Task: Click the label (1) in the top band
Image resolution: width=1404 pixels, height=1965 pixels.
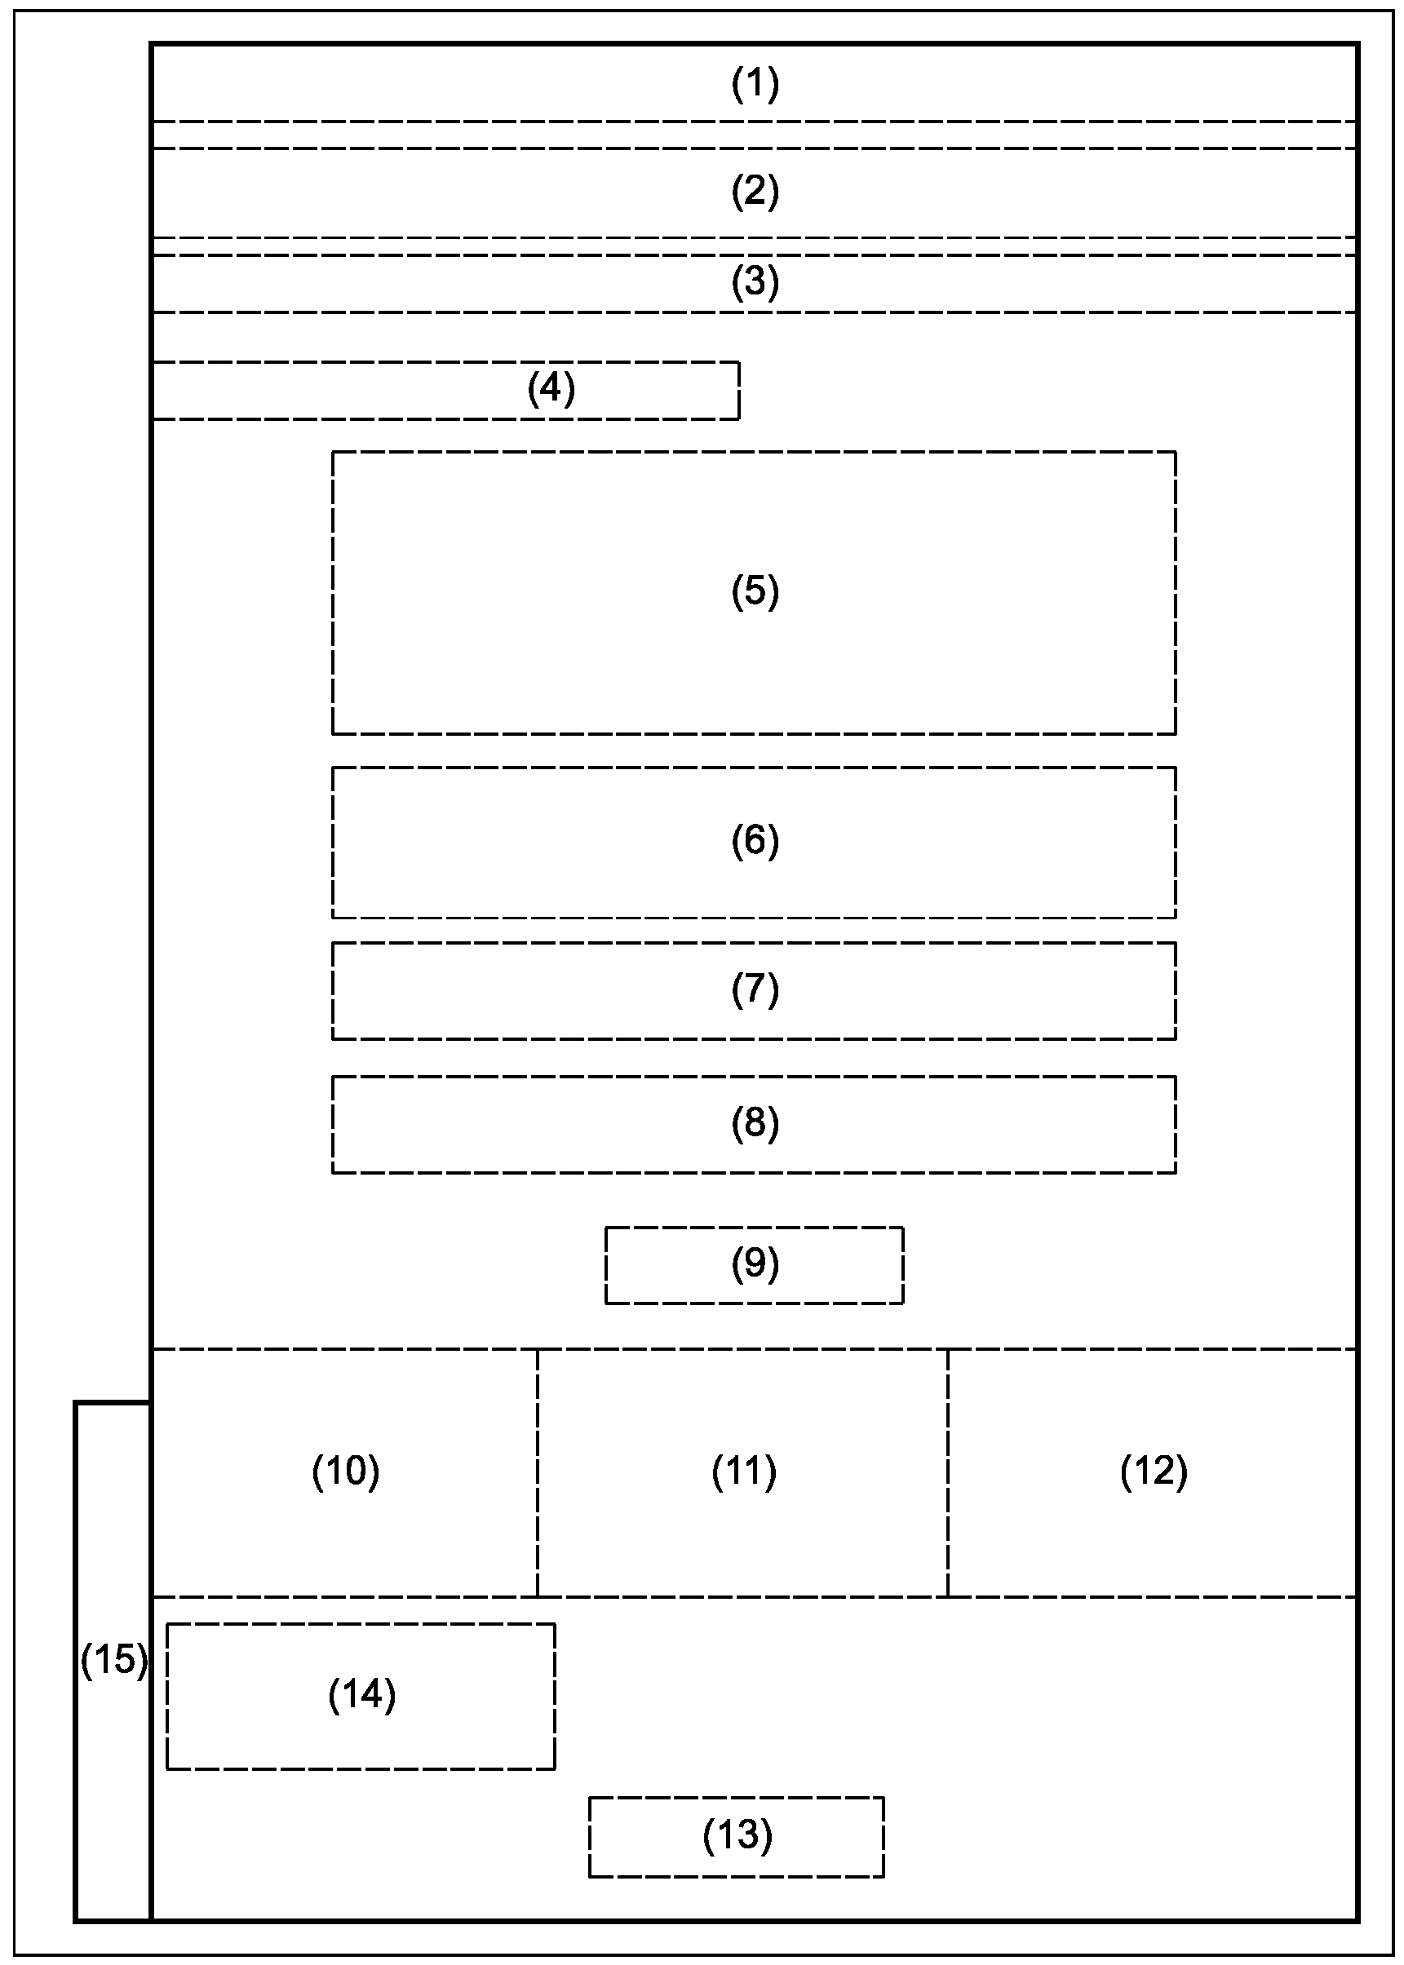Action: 755,85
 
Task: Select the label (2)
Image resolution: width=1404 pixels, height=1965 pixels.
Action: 755,191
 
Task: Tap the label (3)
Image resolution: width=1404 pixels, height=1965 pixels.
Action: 755,283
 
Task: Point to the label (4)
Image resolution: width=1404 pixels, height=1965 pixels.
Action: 551,389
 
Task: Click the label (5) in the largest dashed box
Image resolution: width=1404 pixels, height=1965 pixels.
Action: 755,591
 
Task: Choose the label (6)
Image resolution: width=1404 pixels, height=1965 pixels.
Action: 755,840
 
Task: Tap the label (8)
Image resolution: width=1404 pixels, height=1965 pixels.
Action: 755,1123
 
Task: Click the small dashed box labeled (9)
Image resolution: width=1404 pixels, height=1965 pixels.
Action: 754,1265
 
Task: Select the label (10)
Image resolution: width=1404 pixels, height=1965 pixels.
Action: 346,1471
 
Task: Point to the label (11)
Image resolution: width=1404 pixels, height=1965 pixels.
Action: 743,1471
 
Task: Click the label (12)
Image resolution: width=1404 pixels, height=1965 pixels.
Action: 1154,1471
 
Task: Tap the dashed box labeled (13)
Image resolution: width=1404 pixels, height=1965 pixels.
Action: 737,1835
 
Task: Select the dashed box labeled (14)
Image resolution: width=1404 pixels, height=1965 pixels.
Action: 361,1696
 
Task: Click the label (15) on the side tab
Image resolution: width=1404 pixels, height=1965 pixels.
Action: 113,1660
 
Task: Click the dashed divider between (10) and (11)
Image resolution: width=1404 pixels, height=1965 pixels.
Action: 537,1521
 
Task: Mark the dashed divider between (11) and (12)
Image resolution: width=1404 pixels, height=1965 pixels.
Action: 947,1521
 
